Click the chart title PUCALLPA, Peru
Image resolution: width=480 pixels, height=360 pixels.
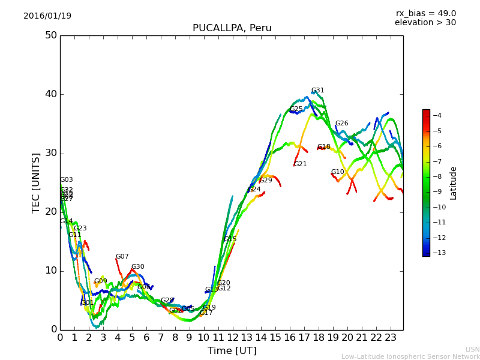point(232,28)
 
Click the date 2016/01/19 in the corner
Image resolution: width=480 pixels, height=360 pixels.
point(47,16)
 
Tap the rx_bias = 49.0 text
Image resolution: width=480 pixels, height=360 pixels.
point(425,13)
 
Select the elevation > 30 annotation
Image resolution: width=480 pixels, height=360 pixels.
point(425,23)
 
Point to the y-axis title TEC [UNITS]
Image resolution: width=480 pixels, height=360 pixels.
point(36,182)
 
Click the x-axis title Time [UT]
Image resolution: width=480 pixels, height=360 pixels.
point(232,350)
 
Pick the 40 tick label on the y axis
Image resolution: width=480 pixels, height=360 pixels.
point(50,94)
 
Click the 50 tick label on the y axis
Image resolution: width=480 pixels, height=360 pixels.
point(50,35)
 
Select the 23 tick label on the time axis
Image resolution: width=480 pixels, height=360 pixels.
point(391,337)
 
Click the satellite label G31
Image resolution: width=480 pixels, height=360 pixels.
point(317,91)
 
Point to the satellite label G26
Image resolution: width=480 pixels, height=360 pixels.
point(341,124)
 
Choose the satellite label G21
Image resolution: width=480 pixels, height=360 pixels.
point(300,164)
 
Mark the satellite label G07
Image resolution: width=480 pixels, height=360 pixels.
point(122,257)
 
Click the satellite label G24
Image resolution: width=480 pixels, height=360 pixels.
point(254,190)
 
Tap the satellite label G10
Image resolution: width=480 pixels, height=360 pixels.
point(337,172)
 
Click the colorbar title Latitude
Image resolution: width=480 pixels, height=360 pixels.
point(454,183)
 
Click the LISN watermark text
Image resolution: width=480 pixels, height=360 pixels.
point(472,349)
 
